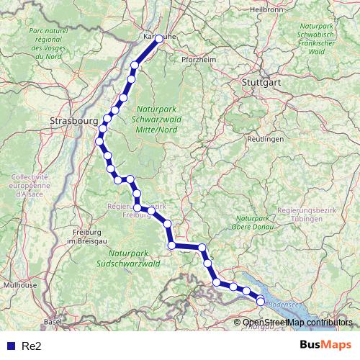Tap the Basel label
click(x=52, y=322)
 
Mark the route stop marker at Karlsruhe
click(x=159, y=39)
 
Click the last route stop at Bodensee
click(x=261, y=302)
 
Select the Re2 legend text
click(x=31, y=346)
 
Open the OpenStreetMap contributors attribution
click(x=297, y=323)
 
